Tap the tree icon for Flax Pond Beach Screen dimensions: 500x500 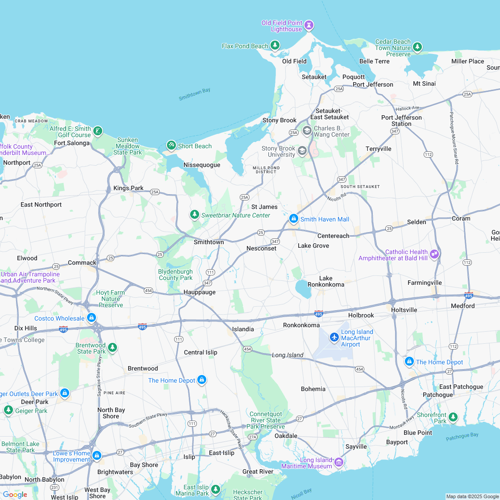click(275, 45)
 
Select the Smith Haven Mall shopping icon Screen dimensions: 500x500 click(293, 219)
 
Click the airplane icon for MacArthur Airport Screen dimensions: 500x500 click(334, 337)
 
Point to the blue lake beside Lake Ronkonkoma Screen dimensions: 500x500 click(304, 289)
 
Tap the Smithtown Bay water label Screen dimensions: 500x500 click(194, 94)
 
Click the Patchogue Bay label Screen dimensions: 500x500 click(462, 437)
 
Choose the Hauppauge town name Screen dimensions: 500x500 click(200, 292)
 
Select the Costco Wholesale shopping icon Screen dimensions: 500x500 click(92, 318)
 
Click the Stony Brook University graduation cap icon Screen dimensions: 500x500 click(302, 151)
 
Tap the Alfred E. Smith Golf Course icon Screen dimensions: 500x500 click(98, 131)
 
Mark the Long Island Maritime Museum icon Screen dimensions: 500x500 click(338, 462)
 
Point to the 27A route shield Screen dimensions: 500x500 click(253, 437)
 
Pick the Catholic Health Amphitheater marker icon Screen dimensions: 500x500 click(434, 254)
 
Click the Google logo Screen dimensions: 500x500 click(15, 494)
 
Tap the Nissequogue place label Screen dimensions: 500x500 click(202, 165)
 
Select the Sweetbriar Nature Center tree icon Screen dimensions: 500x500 click(194, 215)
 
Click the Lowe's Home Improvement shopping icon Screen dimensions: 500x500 click(96, 456)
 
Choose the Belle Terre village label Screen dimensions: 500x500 click(374, 61)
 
